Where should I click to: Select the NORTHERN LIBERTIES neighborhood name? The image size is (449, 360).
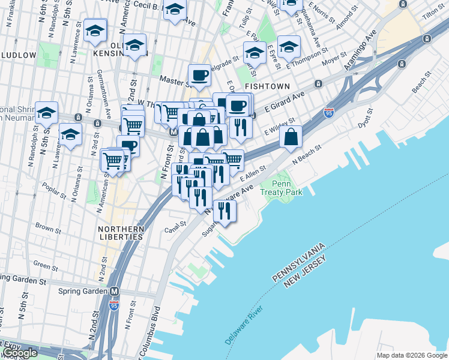tap(122, 233)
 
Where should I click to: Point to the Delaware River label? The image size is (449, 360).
tap(245, 325)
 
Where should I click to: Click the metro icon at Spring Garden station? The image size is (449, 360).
tap(115, 291)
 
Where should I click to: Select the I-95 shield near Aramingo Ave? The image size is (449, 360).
tap(328, 112)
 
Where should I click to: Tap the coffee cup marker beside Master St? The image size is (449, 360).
tap(199, 76)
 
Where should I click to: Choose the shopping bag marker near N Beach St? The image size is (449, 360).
tap(291, 137)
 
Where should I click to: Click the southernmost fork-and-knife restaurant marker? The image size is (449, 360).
tap(224, 211)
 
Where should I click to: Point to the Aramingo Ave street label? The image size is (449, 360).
tap(360, 50)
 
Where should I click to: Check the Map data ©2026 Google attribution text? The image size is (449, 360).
tap(412, 355)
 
